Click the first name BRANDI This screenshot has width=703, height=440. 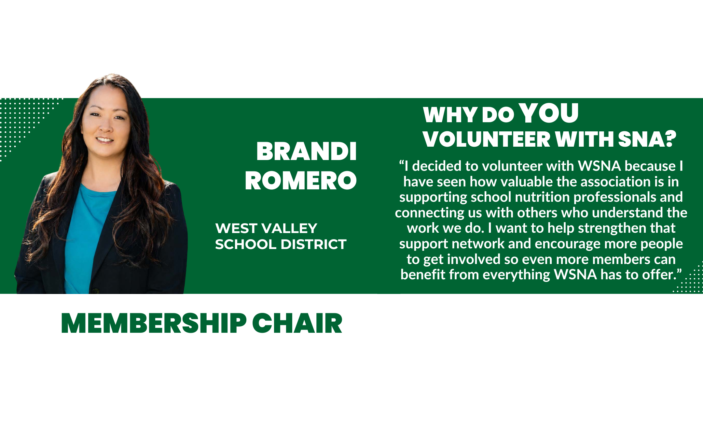[306, 152]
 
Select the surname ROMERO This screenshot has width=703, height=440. [301, 181]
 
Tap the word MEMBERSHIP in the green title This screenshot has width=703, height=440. [154, 323]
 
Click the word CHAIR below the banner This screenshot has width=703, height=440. [297, 323]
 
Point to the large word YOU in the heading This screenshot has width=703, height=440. [549, 113]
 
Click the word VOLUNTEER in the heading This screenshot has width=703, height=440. [486, 139]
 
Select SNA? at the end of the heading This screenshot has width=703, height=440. [647, 139]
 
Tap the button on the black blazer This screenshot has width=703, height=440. [95, 290]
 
